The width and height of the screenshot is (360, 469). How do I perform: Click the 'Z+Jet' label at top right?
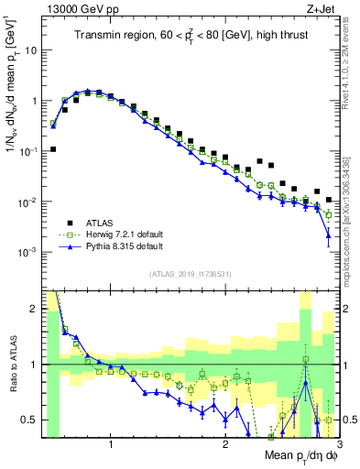click(321, 9)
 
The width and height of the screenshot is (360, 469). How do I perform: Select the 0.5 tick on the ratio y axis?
click(30, 420)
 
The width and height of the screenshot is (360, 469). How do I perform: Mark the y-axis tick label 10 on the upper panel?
click(32, 50)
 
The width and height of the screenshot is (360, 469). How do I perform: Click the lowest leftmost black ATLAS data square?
click(53, 148)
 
